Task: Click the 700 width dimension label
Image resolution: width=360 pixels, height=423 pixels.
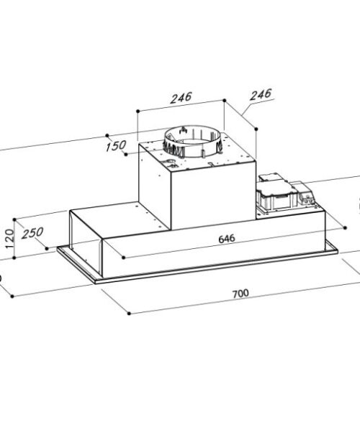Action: point(240,293)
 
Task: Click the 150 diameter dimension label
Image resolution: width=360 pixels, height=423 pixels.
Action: point(115,147)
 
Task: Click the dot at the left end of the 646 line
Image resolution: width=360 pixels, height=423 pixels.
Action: point(124,257)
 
